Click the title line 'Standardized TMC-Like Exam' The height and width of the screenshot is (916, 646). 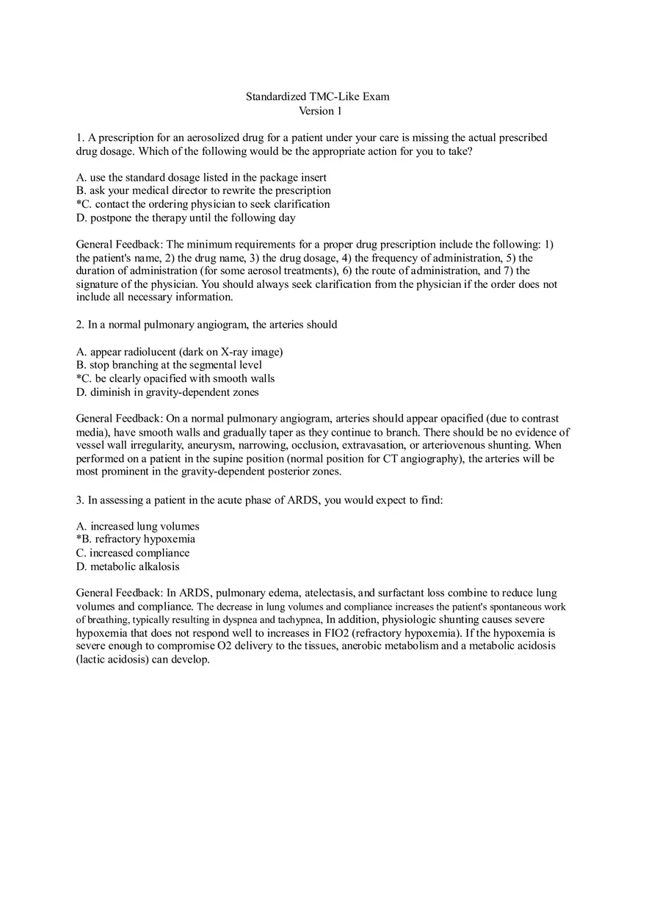pyautogui.click(x=317, y=96)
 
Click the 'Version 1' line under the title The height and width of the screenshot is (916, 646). pyautogui.click(x=320, y=111)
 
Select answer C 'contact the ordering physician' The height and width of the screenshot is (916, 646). pyautogui.click(x=203, y=204)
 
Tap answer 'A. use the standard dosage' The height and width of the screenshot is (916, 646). pyautogui.click(x=201, y=177)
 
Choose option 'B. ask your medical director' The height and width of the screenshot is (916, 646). pyautogui.click(x=203, y=190)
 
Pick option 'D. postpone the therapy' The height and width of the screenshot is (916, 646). pyautogui.click(x=186, y=217)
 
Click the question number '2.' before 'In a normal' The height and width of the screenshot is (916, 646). pyautogui.click(x=81, y=324)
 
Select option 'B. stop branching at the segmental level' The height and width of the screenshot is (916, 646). pyautogui.click(x=169, y=364)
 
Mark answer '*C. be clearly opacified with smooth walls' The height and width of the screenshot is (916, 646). pyautogui.click(x=175, y=378)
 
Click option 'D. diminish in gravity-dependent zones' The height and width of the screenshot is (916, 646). pyautogui.click(x=167, y=392)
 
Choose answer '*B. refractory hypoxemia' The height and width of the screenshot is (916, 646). pyautogui.click(x=136, y=538)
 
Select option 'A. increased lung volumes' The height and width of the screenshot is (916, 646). pyautogui.click(x=137, y=526)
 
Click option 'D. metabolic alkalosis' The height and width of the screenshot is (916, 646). pyautogui.click(x=128, y=566)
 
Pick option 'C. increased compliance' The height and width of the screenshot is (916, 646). pyautogui.click(x=133, y=552)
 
